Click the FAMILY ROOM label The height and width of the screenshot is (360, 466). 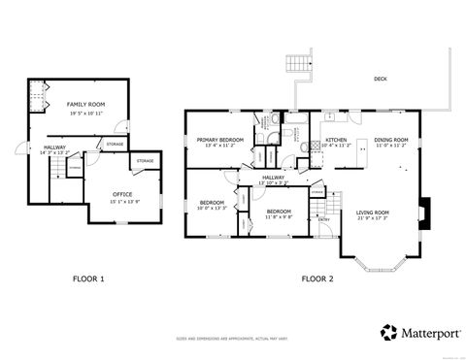click(x=85, y=103)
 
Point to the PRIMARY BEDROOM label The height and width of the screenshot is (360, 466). click(x=219, y=140)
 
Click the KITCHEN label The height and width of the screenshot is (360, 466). click(x=336, y=140)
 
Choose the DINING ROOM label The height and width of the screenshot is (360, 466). click(x=393, y=140)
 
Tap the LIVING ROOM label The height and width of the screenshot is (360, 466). click(x=372, y=213)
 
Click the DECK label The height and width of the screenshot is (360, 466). click(x=381, y=79)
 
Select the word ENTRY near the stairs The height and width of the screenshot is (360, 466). click(x=323, y=218)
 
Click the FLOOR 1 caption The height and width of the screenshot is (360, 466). click(x=88, y=278)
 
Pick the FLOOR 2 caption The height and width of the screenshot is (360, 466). click(x=316, y=278)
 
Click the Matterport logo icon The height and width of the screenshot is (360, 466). click(x=388, y=332)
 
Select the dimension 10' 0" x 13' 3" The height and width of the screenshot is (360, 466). click(x=211, y=208)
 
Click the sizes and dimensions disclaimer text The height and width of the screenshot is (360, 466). click(x=233, y=340)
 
